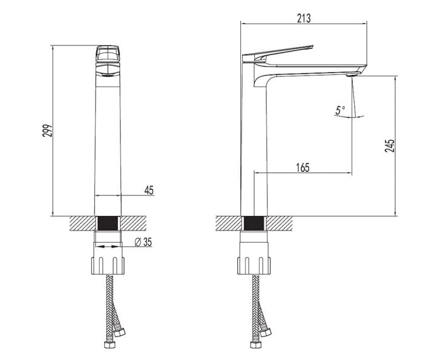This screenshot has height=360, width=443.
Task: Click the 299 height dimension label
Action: [x=48, y=130]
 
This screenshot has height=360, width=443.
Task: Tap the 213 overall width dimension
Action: [x=304, y=18]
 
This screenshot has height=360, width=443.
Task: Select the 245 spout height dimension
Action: [x=390, y=145]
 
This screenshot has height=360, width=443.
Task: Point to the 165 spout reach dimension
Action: [x=303, y=168]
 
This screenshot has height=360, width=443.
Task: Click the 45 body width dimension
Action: [x=149, y=190]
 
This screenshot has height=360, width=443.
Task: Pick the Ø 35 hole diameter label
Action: [x=143, y=243]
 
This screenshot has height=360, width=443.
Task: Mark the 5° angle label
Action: [x=340, y=110]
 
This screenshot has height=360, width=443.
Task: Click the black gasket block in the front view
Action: [x=108, y=223]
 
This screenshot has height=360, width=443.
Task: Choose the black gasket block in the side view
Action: [x=253, y=223]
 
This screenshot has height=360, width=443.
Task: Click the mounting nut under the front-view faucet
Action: [x=108, y=265]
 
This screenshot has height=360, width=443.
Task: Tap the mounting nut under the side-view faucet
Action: [x=253, y=265]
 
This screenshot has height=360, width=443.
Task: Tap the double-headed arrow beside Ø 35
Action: [x=108, y=247]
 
